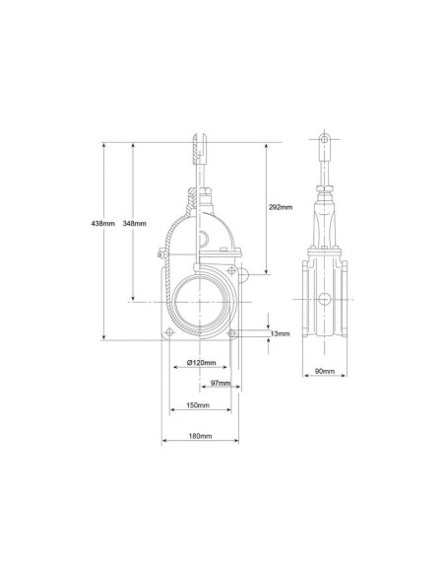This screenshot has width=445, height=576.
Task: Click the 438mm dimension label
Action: [103, 223]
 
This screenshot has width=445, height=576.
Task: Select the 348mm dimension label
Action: [134, 223]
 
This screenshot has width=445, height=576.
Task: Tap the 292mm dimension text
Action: [281, 207]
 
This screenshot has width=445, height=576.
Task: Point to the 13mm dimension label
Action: [280, 333]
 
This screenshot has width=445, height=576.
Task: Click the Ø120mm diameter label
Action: [201, 363]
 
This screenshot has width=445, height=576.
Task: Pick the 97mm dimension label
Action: [221, 383]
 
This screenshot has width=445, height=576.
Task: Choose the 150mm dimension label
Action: [198, 405]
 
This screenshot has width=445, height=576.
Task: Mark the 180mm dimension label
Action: [200, 436]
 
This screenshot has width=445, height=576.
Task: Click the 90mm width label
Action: [325, 371]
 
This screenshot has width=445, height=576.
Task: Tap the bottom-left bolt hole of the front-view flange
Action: [169, 332]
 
